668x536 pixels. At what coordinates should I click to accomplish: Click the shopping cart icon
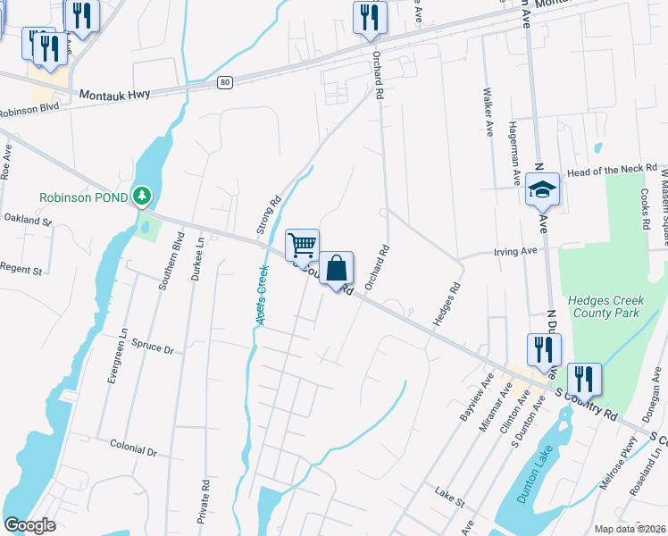(x=303, y=244)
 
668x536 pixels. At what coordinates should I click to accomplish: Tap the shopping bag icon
(x=337, y=268)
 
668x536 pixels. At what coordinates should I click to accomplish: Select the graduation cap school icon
(x=542, y=189)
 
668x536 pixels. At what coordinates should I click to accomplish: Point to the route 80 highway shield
(x=225, y=83)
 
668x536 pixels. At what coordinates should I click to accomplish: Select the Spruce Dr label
(x=151, y=346)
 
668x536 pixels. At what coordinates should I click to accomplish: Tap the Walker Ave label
(x=488, y=112)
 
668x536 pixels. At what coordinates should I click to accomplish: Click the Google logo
(x=30, y=525)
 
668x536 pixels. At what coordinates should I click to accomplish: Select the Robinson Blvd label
(x=29, y=111)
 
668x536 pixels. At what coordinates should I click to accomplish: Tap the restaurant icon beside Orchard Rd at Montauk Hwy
(x=370, y=17)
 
